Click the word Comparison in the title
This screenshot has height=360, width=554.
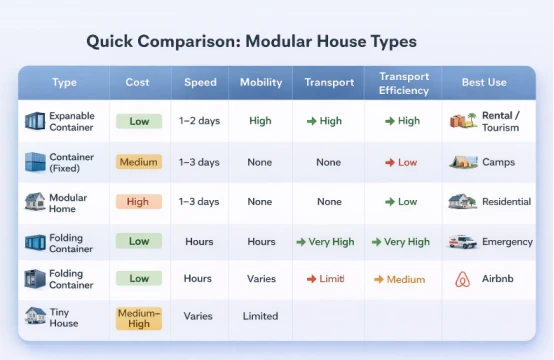pos(189,42)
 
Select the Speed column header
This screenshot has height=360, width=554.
pos(200,82)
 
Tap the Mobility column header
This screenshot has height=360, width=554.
pos(260,82)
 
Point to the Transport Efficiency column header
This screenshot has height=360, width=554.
pos(403,83)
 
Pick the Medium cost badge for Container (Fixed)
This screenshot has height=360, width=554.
pos(138,162)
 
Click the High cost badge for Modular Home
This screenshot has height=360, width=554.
pos(138,201)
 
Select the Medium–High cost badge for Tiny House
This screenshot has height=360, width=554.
pos(138,317)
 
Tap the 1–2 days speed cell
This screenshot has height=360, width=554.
pos(200,121)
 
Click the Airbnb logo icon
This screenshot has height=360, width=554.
pos(462,279)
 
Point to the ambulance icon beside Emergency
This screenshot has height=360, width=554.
pos(463,241)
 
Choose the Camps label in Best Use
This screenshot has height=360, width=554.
pos(499,162)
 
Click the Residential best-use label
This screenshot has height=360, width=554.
pos(506,201)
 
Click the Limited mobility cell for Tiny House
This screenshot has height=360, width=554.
pos(260,316)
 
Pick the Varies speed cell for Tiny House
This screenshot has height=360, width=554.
pos(198,316)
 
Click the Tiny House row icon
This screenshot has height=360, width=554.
pos(35,316)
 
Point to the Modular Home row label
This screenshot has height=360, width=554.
pos(68,202)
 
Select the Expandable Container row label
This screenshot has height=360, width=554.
pos(72,122)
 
